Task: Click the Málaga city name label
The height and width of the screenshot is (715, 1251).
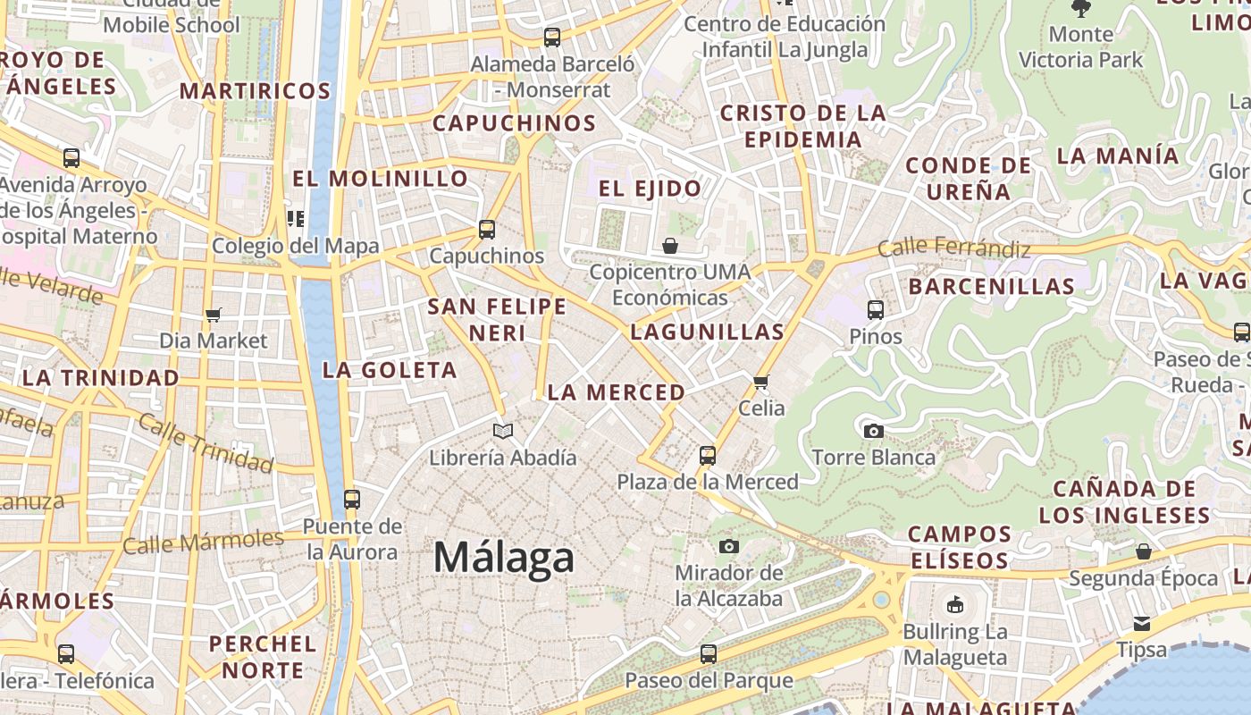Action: pos(504,558)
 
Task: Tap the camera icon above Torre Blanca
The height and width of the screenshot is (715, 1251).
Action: pos(874,432)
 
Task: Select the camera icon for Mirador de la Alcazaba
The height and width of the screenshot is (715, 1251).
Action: pos(729,546)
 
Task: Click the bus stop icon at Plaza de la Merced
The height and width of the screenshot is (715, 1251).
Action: pos(708,456)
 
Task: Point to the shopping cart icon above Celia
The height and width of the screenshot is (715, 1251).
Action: pos(761,383)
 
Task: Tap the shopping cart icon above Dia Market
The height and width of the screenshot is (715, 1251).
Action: pos(213,315)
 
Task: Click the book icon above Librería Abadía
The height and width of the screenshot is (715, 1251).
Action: pos(503,432)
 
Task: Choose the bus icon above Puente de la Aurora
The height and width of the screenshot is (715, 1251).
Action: pos(352,500)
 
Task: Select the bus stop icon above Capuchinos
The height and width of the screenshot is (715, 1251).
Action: pos(487,230)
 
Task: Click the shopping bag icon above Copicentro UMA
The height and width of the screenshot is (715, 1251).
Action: pos(670,246)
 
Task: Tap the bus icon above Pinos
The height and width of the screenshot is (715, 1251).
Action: pos(876,310)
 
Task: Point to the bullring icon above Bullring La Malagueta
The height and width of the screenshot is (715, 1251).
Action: pos(955,605)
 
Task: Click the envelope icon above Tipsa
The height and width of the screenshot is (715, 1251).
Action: pos(1142,624)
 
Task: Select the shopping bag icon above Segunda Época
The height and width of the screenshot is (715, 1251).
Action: pos(1144,551)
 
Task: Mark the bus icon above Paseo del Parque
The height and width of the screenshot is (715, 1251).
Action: pos(709,654)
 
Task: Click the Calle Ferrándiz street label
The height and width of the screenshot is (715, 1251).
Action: pos(954,248)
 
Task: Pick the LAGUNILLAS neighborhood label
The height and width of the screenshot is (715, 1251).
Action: pos(707,332)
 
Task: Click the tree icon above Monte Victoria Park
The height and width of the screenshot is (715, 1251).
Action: pos(1081,9)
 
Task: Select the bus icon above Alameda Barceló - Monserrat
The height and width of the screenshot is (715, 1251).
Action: pos(552,38)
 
